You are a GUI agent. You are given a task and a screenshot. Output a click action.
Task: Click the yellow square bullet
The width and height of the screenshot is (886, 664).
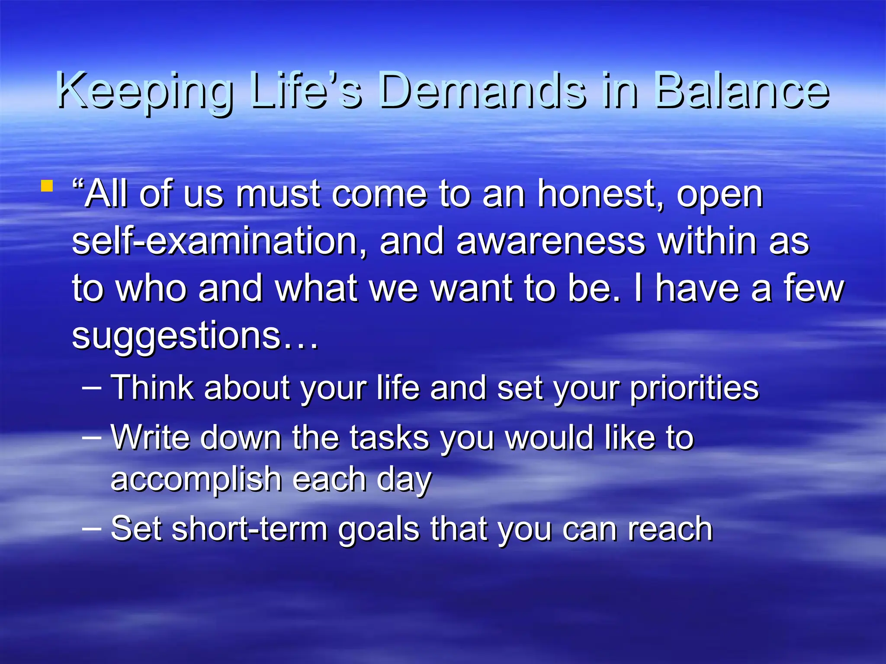click(47, 187)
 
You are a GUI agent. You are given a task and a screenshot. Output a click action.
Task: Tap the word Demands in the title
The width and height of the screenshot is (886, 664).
click(483, 92)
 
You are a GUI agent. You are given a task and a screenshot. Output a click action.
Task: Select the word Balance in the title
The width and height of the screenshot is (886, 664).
click(742, 92)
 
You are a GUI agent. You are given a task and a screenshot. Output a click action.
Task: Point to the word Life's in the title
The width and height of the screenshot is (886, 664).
click(305, 92)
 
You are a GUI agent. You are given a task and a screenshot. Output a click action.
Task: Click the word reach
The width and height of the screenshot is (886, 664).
click(670, 529)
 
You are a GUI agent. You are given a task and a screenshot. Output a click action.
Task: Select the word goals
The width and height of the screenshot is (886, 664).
click(379, 530)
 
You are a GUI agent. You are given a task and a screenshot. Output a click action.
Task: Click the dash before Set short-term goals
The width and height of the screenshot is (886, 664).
click(92, 528)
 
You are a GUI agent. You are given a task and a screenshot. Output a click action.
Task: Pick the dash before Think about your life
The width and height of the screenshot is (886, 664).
click(92, 387)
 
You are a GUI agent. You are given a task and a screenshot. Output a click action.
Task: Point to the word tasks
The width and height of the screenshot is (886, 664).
click(389, 437)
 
